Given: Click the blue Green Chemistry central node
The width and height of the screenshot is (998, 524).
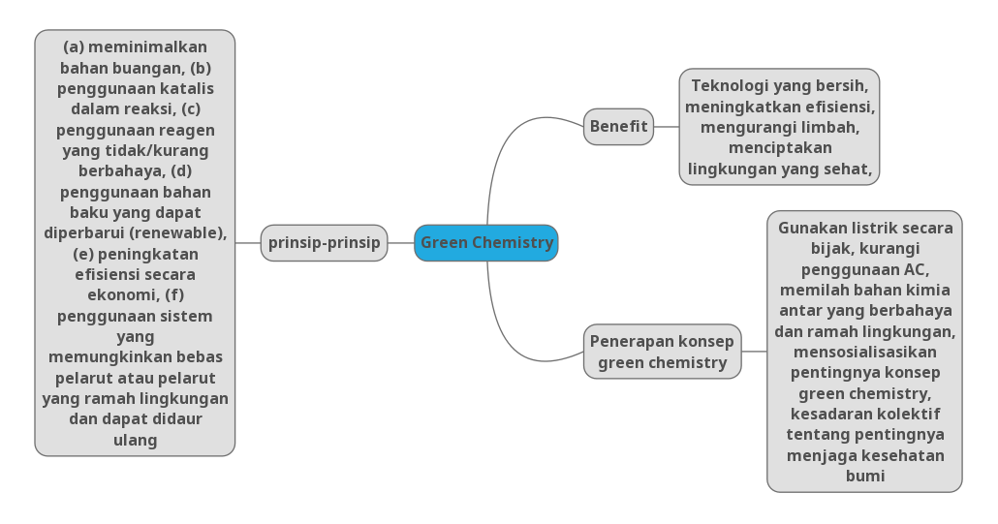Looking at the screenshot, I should pos(485,243).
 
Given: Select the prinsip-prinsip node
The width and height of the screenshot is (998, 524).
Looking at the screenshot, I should pos(324,243).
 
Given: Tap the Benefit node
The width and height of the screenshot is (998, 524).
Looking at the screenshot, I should pos(618,127).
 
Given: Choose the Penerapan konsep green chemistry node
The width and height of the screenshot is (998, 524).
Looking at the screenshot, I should pos(662,352).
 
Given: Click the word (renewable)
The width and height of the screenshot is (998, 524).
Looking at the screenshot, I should pos(177,233).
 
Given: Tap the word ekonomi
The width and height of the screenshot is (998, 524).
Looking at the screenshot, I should pos(117,295).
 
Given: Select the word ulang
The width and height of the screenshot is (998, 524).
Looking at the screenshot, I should pos(135,441).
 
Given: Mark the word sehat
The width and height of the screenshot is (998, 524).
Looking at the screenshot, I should pos(849,169).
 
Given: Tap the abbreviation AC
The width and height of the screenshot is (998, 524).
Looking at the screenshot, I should pos(917,270).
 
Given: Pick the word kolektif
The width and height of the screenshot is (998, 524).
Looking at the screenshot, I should pos(905,415).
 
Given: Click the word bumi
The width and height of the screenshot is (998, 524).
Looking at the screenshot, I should pos(864,477).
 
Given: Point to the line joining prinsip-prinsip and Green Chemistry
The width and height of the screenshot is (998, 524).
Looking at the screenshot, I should pos(400,243).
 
